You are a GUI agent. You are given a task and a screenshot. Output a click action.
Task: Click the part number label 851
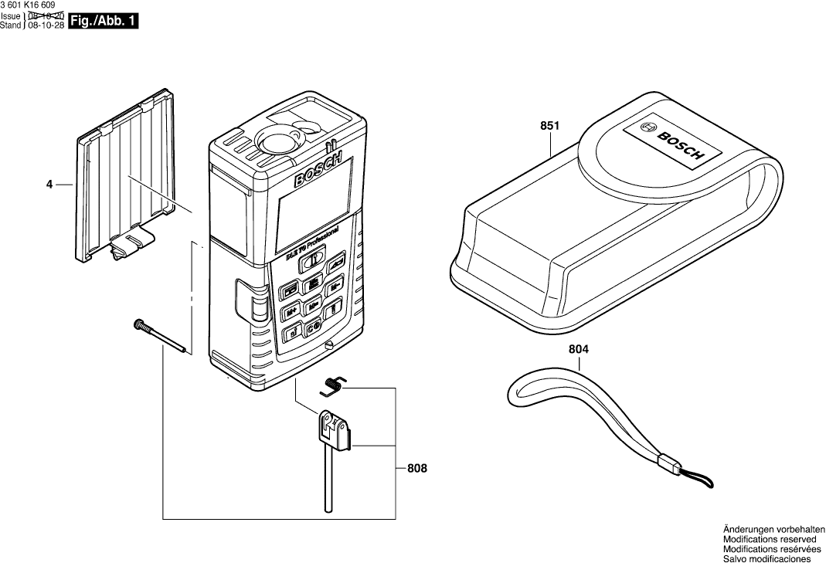tap(549, 125)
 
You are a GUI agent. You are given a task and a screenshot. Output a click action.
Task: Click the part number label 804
tap(579, 349)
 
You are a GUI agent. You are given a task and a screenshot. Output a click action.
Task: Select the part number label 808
tap(416, 468)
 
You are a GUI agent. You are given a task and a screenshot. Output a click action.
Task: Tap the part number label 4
tap(49, 185)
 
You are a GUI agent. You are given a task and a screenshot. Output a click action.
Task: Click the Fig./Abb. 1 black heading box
tap(104, 22)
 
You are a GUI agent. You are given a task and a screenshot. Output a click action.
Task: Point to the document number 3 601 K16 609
tap(29, 5)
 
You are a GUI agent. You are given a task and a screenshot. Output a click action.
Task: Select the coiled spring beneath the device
tap(335, 382)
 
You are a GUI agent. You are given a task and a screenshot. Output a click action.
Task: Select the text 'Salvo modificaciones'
tap(767, 558)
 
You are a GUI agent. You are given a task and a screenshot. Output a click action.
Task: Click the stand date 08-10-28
tap(46, 25)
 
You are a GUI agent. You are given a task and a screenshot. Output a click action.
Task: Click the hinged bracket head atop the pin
tap(334, 429)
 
